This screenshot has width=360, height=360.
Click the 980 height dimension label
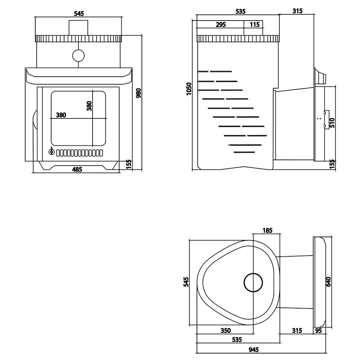point(139,93)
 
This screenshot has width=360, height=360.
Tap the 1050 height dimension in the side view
point(189,89)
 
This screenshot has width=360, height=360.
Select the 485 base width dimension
point(77,170)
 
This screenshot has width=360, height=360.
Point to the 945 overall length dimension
point(254,350)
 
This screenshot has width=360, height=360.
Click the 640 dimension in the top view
point(328,282)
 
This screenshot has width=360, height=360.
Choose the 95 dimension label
point(319,330)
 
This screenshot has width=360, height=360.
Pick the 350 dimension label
point(225,330)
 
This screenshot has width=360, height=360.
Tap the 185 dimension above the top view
point(267,230)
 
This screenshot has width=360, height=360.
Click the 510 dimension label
point(332,123)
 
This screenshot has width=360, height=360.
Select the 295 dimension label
point(221,24)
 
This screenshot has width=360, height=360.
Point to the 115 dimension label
point(255,24)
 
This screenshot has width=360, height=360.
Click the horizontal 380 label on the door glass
point(61,115)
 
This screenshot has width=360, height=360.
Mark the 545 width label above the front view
point(79,14)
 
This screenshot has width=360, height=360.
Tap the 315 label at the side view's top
point(298,11)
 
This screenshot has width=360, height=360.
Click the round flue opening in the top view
point(253,283)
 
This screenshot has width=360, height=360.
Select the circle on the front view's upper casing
point(78,55)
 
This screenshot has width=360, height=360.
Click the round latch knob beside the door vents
point(51,152)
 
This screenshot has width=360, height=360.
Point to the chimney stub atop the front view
point(78,28)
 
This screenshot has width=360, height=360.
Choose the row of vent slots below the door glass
point(80,153)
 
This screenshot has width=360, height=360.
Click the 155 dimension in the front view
point(129,165)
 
